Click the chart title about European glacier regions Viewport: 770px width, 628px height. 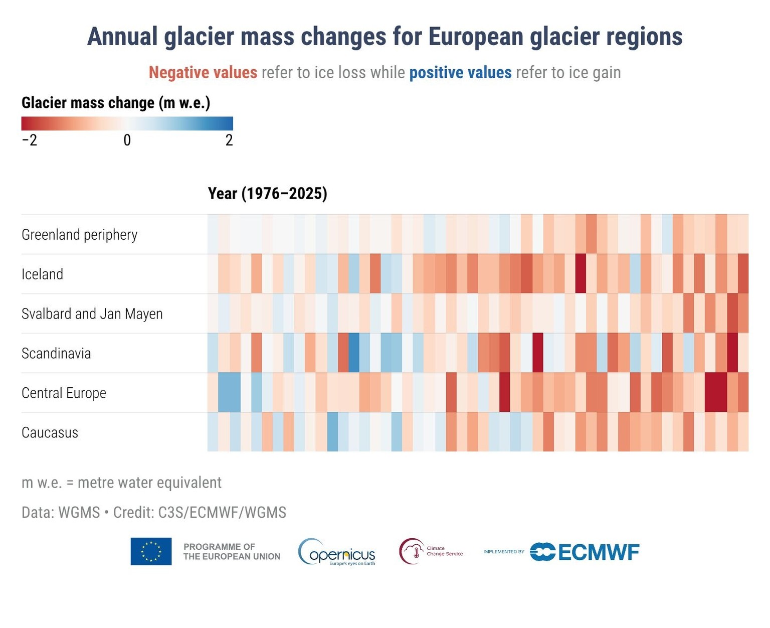pyautogui.click(x=384, y=37)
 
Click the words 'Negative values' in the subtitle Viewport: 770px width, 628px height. pyautogui.click(x=203, y=73)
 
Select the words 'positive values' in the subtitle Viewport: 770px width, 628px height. pyautogui.click(x=460, y=73)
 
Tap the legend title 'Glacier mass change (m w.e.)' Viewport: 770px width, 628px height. pyautogui.click(x=116, y=103)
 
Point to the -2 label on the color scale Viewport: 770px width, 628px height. pyautogui.click(x=30, y=140)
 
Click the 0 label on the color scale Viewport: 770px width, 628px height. pyautogui.click(x=127, y=140)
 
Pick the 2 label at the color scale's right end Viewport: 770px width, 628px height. pyautogui.click(x=229, y=140)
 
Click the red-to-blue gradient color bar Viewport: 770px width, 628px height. pyautogui.click(x=127, y=123)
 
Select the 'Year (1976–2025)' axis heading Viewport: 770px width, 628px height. pyautogui.click(x=267, y=194)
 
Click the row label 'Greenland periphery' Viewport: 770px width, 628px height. pyautogui.click(x=79, y=235)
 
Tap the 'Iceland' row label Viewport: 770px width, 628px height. pyautogui.click(x=42, y=274)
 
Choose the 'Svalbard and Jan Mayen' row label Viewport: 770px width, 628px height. pyautogui.click(x=92, y=314)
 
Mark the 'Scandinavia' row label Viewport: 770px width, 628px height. pyautogui.click(x=56, y=354)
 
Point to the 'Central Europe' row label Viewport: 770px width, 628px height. pyautogui.click(x=64, y=393)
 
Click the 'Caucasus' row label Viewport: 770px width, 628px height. pyautogui.click(x=50, y=433)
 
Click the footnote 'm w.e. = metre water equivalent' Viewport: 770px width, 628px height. pyautogui.click(x=121, y=483)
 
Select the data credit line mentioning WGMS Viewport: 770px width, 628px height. pyautogui.click(x=153, y=513)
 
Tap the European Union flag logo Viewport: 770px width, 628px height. pyautogui.click(x=151, y=551)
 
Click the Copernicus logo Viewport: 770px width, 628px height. pyautogui.click(x=336, y=552)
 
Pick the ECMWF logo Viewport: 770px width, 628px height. pyautogui.click(x=585, y=552)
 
